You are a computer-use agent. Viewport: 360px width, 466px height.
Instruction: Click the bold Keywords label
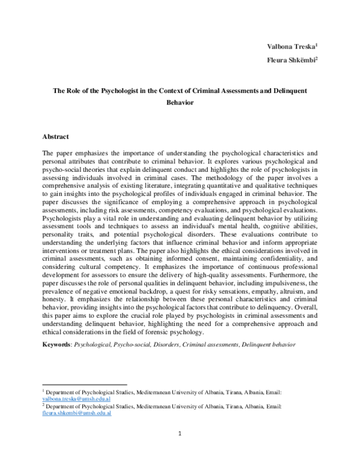point(56,346)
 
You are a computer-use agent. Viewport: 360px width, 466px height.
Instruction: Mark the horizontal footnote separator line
point(85,384)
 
